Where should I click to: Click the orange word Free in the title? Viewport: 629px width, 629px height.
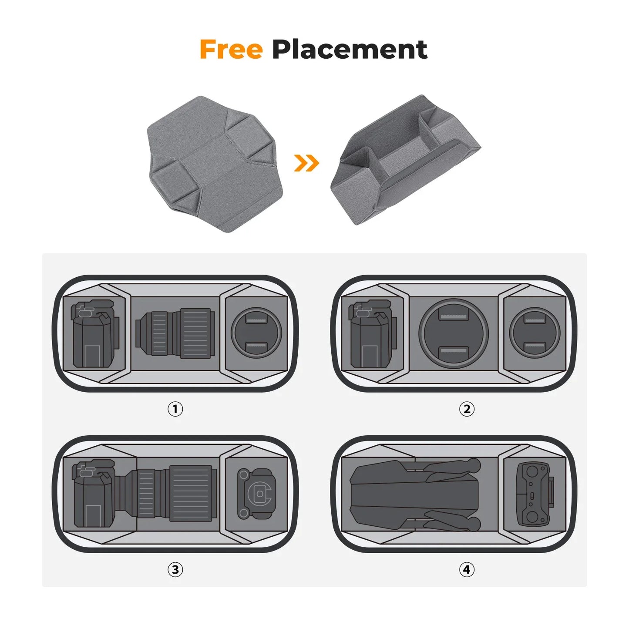231,50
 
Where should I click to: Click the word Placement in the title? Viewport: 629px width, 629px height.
349,50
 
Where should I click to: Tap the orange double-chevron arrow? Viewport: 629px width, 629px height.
306,163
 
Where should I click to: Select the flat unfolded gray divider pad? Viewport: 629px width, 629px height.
215,163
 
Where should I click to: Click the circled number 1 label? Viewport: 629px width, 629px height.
175,409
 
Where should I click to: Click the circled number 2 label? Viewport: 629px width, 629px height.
467,409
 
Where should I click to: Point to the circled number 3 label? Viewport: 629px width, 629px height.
175,569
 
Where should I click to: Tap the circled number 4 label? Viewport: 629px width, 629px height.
467,569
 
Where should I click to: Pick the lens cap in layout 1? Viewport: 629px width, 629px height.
256,333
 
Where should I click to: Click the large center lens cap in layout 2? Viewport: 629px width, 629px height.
454,333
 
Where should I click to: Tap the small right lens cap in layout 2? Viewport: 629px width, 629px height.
534,333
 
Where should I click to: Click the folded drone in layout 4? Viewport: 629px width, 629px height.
415,495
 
